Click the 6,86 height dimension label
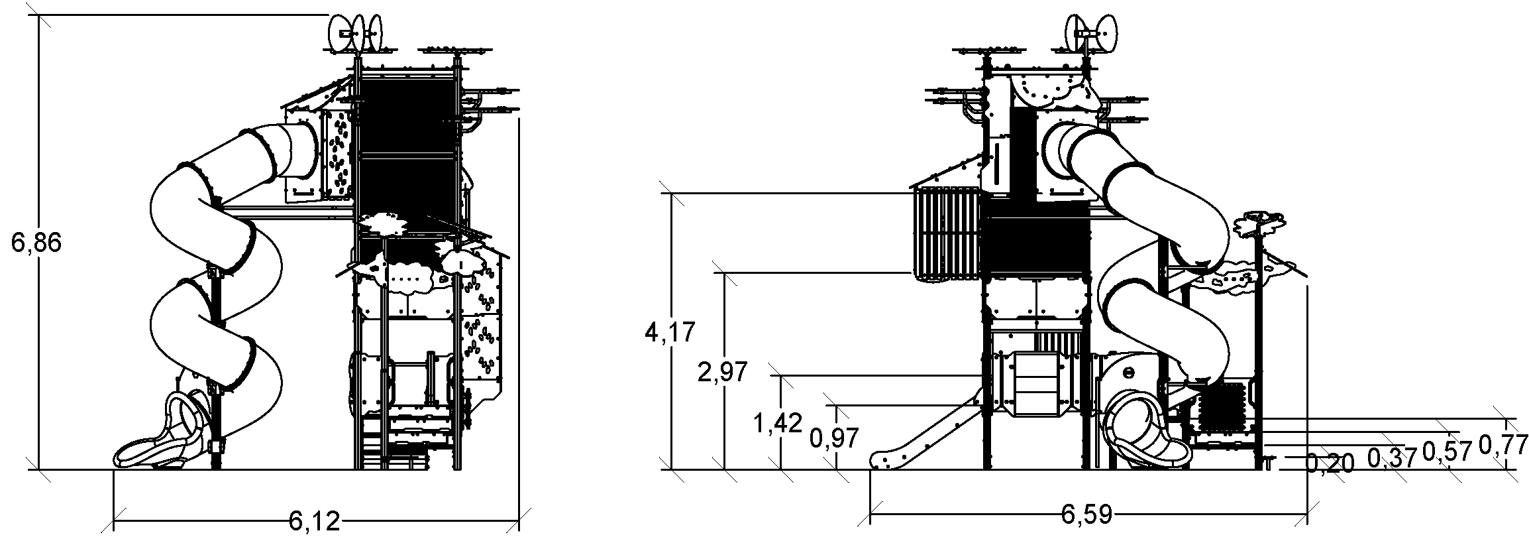coord(36,244)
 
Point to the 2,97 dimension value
coord(723,372)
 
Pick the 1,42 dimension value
coord(778,422)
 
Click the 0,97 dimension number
coord(835,438)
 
